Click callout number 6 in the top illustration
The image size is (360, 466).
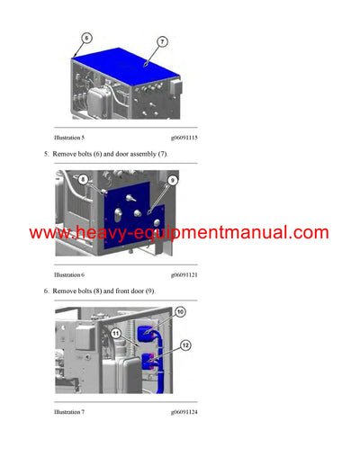tap(86, 39)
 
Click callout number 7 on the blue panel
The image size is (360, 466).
tap(163, 42)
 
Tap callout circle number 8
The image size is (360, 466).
tap(82, 180)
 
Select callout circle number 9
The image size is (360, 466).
tap(172, 180)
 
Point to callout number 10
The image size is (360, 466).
tap(180, 312)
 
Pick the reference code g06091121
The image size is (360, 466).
tap(185, 273)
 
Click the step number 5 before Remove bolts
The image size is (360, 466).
tap(46, 155)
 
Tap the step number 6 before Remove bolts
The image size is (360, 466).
tap(46, 291)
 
